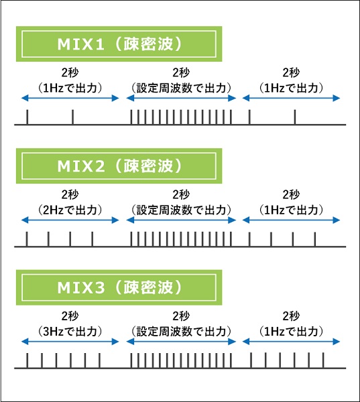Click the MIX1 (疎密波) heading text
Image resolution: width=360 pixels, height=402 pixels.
tap(119, 44)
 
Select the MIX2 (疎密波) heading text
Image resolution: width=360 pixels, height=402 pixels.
tap(119, 166)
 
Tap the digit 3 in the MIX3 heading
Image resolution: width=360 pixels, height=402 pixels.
tap(99, 287)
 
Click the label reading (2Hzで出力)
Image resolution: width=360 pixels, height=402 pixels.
tap(70, 210)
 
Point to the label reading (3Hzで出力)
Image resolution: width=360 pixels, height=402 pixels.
tap(70, 332)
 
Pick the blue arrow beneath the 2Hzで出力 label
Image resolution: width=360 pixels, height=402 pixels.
tap(70, 220)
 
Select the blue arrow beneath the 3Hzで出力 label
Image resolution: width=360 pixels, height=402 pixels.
tap(70, 342)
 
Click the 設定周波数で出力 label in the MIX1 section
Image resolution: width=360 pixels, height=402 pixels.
tap(181, 88)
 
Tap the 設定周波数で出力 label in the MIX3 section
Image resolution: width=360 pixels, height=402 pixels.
tap(181, 332)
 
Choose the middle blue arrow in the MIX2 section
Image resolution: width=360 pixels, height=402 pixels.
tap(181, 220)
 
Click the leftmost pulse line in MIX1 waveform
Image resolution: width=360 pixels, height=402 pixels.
tap(27, 117)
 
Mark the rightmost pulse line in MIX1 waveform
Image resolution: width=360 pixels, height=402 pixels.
tap(295, 117)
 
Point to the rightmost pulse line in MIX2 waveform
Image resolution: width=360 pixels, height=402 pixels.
tap(315, 239)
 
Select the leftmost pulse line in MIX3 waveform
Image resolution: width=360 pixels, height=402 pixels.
tap(27, 360)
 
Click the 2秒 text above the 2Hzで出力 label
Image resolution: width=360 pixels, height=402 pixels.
tap(70, 194)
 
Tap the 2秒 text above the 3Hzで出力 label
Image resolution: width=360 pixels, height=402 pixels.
tap(70, 316)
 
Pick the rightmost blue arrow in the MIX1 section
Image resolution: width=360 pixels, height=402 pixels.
tap(291, 98)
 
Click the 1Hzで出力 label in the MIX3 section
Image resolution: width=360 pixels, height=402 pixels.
tap(291, 332)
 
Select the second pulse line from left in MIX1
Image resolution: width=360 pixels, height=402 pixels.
tap(72, 117)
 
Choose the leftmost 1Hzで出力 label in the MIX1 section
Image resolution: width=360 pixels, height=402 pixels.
tap(70, 88)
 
